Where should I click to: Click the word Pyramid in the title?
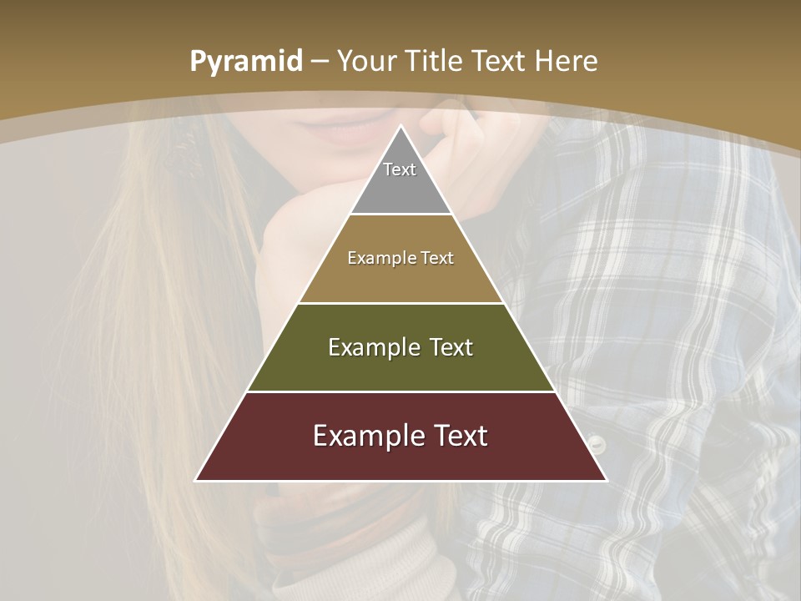point(245,62)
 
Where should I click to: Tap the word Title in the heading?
point(436,62)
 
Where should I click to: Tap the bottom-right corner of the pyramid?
point(606,480)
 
